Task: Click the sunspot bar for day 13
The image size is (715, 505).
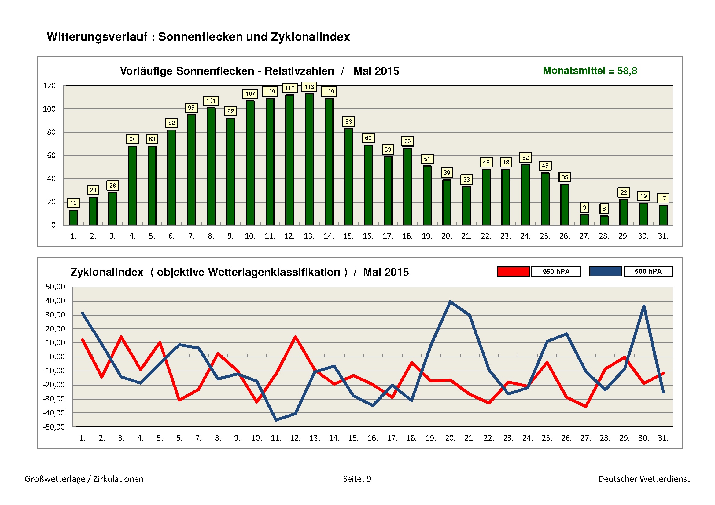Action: point(309,159)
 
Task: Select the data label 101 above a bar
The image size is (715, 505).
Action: point(211,101)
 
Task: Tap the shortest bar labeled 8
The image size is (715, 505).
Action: point(604,220)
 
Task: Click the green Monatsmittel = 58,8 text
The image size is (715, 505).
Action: point(590,71)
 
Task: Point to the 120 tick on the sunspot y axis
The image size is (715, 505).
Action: point(49,86)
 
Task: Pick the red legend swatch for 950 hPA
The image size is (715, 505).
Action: point(513,272)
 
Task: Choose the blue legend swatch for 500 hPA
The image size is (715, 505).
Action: point(605,271)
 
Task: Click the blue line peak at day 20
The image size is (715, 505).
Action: point(450,302)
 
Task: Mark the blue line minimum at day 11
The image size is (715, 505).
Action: point(276,420)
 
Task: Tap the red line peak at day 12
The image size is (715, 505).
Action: point(295,337)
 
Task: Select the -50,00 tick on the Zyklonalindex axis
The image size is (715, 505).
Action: point(54,427)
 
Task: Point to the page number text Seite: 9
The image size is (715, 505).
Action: point(357,479)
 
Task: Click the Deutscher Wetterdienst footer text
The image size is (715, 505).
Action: point(644,479)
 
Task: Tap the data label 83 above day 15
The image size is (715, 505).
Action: point(348,122)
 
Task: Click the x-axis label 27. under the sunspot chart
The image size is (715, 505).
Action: point(584,236)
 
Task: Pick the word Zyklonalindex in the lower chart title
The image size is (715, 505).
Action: point(107,272)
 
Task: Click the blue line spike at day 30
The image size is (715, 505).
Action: point(644,306)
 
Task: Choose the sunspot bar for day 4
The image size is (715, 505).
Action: point(132,185)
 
